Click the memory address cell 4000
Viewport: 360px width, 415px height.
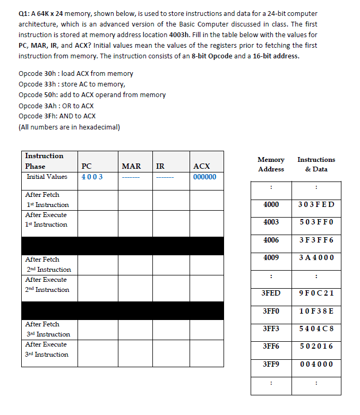[271, 204]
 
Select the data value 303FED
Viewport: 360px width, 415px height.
[316, 204]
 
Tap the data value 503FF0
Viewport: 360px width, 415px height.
[316, 222]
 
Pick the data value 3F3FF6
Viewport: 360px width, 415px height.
[316, 240]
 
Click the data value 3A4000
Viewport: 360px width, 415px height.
[316, 257]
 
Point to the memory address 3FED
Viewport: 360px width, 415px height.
[271, 293]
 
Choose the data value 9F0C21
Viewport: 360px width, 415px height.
[316, 293]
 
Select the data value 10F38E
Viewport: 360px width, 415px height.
[316, 310]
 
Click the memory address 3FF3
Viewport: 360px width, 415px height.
[271, 328]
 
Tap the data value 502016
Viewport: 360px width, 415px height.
[316, 346]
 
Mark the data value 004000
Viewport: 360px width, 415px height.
[316, 364]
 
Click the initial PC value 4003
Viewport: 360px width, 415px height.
[92, 177]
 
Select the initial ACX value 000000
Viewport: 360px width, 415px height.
[204, 177]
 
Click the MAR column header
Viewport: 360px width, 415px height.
[131, 166]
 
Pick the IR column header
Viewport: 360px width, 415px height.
[160, 166]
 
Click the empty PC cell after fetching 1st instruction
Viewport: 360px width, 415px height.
[98, 200]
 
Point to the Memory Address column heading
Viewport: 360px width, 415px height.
[271, 164]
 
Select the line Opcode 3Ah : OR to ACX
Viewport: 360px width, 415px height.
[56, 106]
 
